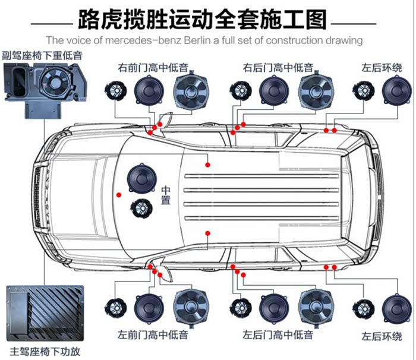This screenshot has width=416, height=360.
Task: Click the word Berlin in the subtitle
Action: click(x=241, y=40)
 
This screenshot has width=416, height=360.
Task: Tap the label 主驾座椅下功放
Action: click(x=45, y=350)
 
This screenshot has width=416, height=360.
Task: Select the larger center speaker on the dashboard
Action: click(x=142, y=178)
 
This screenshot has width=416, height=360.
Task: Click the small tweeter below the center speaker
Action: click(x=141, y=208)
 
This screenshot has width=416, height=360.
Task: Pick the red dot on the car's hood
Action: click(x=118, y=194)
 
